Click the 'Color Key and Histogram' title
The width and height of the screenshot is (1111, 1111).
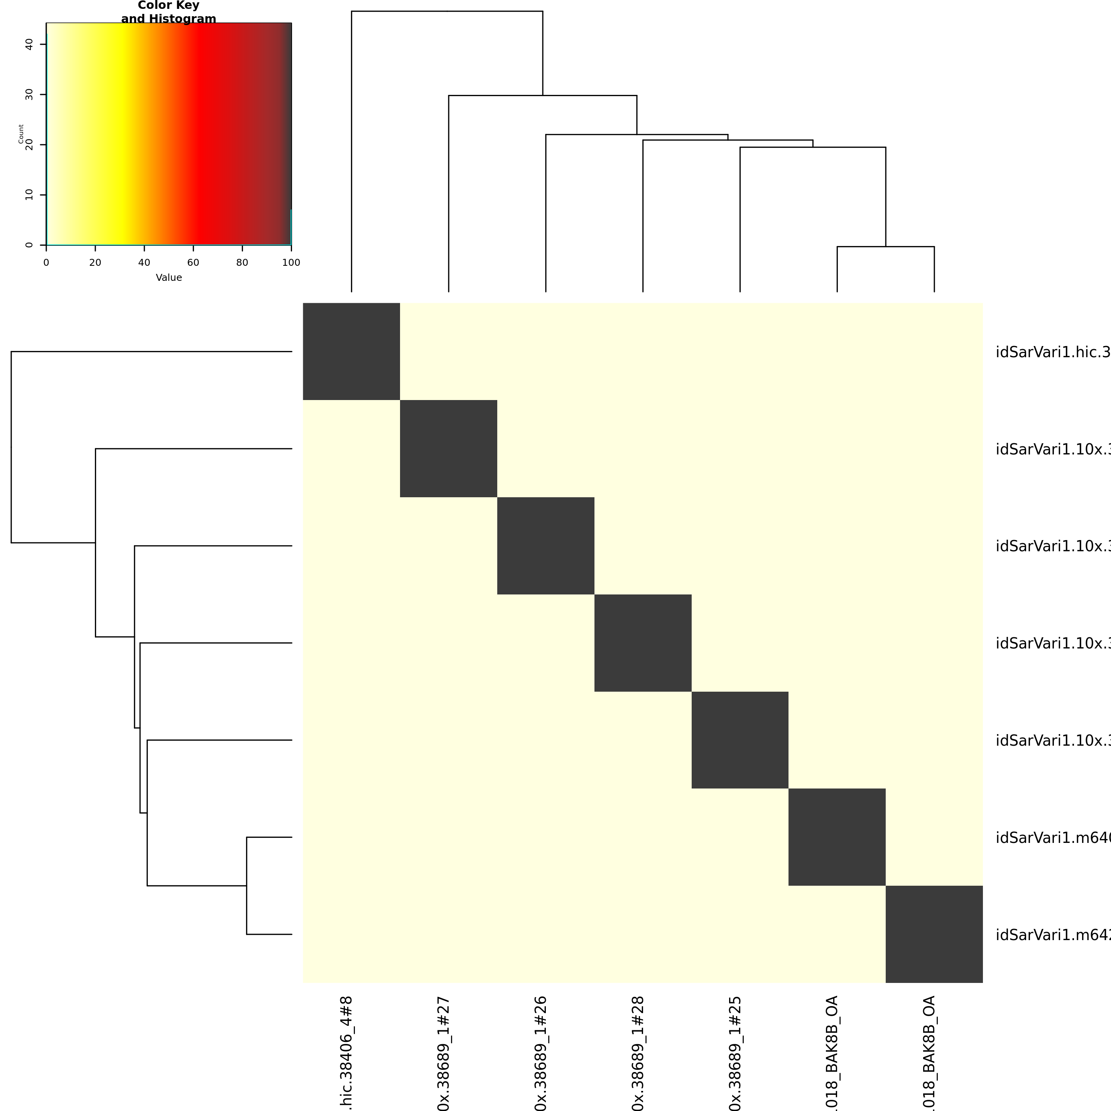pos(169,12)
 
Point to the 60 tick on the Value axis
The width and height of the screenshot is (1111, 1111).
pos(193,247)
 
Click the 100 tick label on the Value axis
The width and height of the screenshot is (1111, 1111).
pos(291,263)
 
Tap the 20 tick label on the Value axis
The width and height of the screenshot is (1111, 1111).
pos(95,263)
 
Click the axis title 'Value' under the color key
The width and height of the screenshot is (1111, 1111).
pos(169,278)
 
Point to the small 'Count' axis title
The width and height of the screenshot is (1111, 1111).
pos(21,133)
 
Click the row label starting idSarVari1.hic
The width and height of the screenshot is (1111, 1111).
pos(1052,352)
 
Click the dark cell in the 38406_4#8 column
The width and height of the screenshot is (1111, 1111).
pos(351,351)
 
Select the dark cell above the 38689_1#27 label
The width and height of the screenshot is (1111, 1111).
pos(449,449)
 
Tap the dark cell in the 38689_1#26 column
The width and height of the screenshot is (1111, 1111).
pos(546,546)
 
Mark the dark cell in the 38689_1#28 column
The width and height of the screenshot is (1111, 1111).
pos(643,643)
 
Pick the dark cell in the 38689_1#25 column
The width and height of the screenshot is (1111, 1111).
pos(740,740)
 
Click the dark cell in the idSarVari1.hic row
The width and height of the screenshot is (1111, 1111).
pos(351,351)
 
